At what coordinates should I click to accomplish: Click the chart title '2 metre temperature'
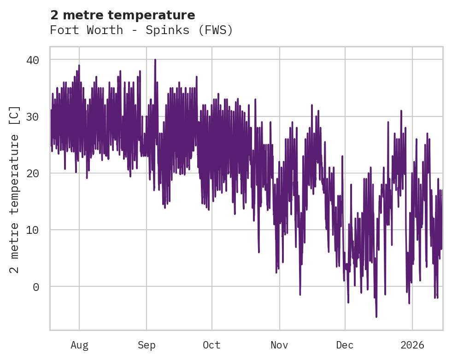coord(122,15)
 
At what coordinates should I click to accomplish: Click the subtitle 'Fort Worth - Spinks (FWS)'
coord(141,30)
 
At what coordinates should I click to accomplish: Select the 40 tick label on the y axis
coord(32,60)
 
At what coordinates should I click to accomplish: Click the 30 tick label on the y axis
coord(32,116)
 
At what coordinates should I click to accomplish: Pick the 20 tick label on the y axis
coord(32,173)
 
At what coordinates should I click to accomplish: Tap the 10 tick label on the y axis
coord(32,230)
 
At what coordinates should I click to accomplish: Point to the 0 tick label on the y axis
coord(36,287)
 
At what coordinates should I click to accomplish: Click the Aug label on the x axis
coord(79,345)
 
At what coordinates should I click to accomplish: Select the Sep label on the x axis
coord(147,345)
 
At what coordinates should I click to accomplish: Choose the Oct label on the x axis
coord(211,345)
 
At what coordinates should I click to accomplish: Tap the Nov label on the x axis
coord(279,345)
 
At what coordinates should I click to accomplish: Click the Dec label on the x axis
coord(345,345)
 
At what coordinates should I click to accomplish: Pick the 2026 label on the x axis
coord(412,345)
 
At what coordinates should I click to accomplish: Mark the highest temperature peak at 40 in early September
coord(155,60)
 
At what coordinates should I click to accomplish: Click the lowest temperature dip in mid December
coord(376,316)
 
